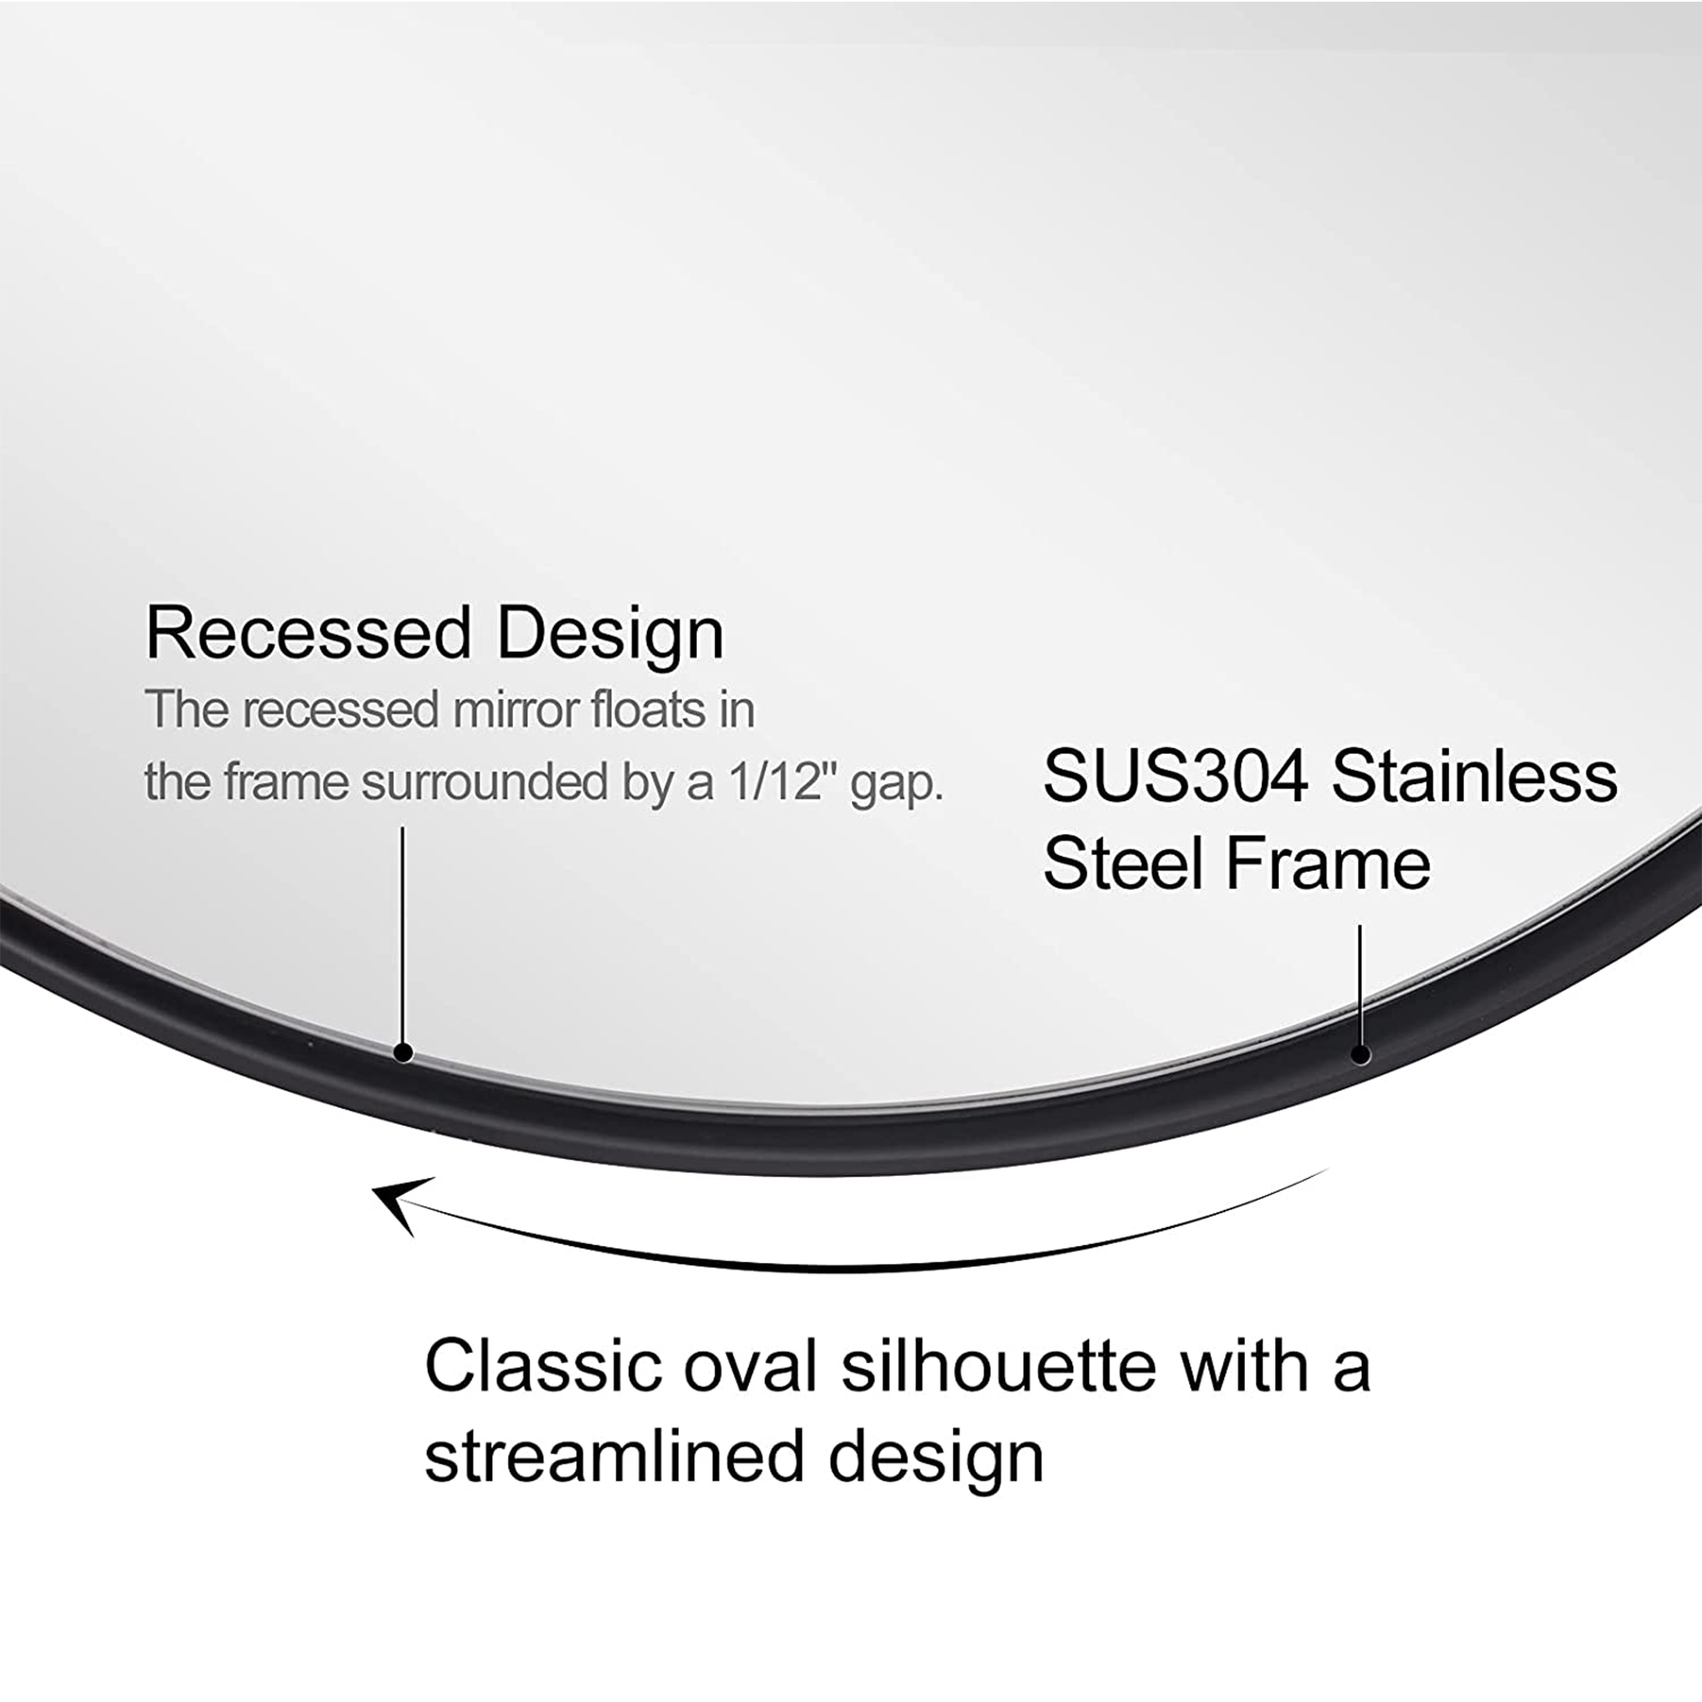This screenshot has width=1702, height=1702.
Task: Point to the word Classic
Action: (543, 1367)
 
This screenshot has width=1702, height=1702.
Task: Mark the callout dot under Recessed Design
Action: (403, 1052)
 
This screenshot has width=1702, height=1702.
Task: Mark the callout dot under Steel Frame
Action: (1361, 1054)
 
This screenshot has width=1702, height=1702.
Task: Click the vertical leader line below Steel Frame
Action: (1360, 985)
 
